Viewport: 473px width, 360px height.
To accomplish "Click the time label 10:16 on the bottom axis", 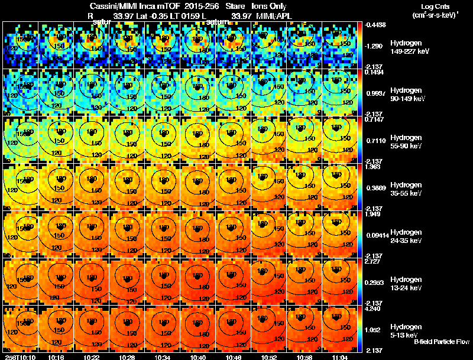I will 57,357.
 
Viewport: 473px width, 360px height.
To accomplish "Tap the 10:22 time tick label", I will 92,357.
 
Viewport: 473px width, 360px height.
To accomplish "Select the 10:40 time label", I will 199,357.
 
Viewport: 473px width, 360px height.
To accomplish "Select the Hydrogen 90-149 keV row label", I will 405,94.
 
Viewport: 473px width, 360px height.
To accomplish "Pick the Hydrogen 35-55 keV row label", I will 405,189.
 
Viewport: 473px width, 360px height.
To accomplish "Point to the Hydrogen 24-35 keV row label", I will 405,236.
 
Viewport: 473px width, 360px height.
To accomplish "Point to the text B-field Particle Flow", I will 441,341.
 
